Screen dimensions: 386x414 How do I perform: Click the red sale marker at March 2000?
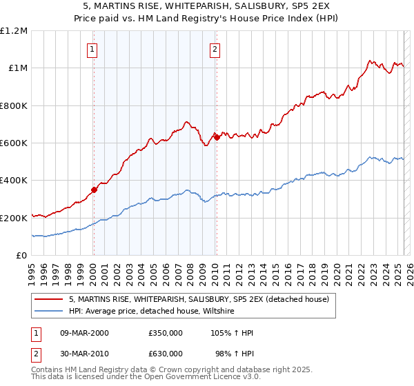[x=94, y=190]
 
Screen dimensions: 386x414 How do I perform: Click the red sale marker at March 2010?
[x=217, y=137]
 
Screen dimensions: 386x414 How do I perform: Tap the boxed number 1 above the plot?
[x=92, y=49]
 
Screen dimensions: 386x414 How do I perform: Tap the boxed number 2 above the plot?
[x=215, y=49]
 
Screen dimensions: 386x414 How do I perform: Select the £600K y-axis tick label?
[x=14, y=143]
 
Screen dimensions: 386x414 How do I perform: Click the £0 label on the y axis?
[x=21, y=256]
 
